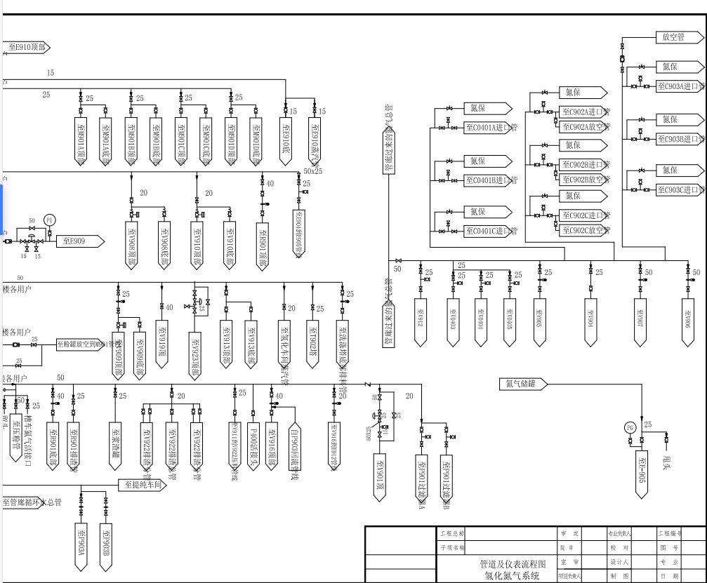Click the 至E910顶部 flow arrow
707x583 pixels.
27,48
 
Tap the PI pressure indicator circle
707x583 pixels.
49,220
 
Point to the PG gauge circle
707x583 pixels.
630,427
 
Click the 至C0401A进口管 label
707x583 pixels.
491,128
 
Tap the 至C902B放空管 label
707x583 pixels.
586,179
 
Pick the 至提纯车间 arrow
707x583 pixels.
143,484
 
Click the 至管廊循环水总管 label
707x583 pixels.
32,502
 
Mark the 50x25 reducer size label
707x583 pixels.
312,171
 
